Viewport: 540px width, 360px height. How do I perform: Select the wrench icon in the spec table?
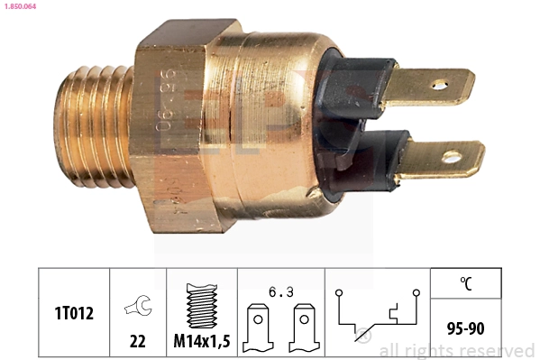(138, 308)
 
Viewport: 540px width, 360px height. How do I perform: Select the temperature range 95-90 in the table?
(465, 328)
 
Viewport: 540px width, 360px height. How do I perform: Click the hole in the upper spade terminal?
(439, 86)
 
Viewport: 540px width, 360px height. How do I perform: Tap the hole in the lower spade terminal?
(451, 157)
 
